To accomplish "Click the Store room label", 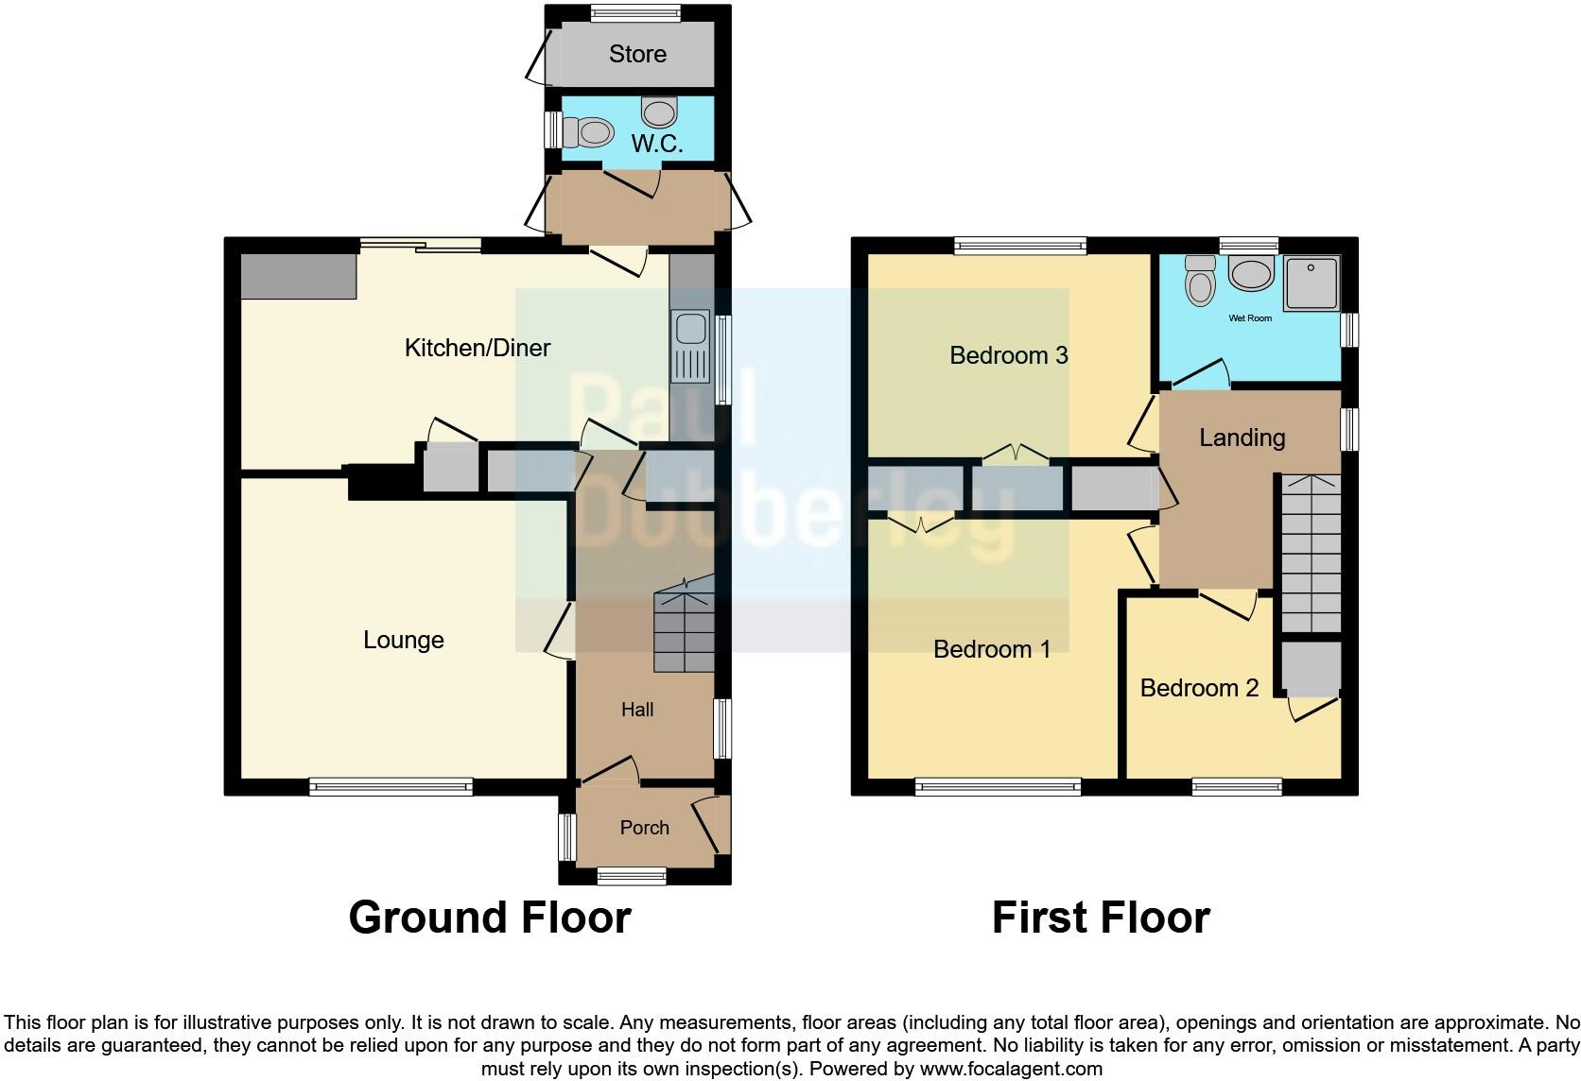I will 637,55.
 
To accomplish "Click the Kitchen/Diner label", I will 477,348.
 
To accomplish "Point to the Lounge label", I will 403,640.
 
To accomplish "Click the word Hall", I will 636,710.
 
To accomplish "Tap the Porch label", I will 644,828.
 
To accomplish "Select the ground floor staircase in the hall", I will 683,629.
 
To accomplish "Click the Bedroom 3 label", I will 1008,355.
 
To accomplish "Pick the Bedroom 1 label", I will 991,649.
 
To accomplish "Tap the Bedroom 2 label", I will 1199,688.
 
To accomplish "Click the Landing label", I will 1242,438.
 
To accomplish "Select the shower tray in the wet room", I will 1312,282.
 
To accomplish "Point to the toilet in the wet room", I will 1200,282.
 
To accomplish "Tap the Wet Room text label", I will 1249,318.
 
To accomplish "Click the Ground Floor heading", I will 489,918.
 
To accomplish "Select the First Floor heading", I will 1100,918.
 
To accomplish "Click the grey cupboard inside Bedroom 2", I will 1312,668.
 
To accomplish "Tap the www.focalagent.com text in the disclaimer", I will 1011,1069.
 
